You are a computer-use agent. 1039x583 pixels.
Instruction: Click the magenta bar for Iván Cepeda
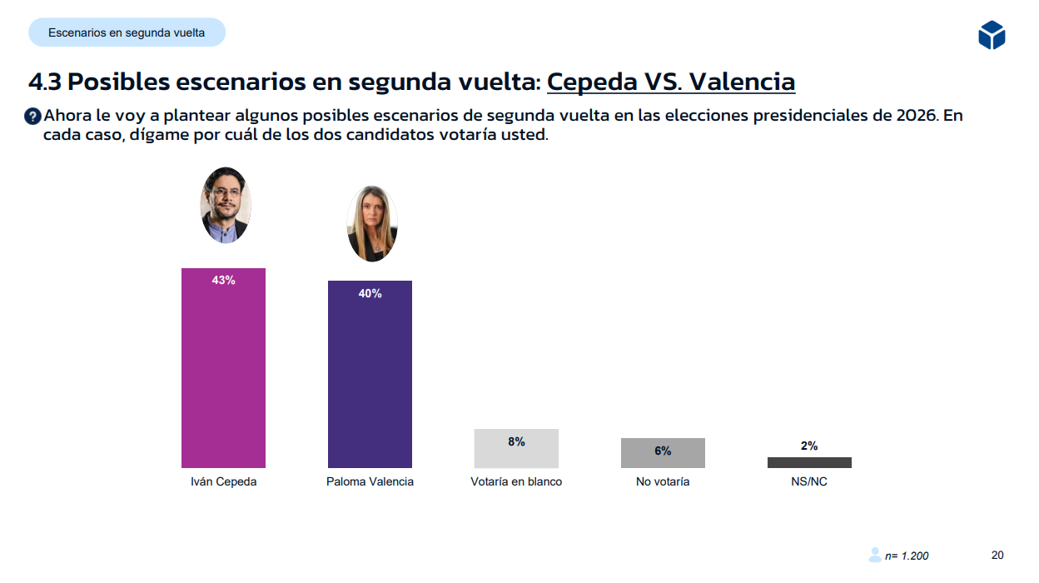coord(223,375)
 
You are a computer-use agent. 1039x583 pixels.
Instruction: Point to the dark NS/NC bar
coord(809,462)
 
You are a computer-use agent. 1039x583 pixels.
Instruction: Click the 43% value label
coord(223,281)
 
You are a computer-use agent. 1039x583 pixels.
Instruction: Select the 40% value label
coord(370,294)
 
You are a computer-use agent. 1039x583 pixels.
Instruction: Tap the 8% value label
coord(516,442)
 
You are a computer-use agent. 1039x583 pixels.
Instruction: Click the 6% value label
coord(663,451)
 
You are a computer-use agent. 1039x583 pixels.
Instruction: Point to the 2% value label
coord(809,446)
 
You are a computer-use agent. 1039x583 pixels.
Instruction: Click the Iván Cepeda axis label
coord(223,481)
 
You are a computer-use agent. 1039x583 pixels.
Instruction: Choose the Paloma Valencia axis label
coord(370,481)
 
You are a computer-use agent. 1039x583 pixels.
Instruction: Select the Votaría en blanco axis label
coord(516,481)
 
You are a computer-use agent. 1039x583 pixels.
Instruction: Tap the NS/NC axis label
coord(809,481)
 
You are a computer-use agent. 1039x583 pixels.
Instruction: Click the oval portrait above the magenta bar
coord(226,205)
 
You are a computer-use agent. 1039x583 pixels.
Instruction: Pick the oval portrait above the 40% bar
coord(371,224)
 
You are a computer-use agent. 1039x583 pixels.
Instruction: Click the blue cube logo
coord(992,35)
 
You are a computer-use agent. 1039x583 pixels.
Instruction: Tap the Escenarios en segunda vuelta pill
coord(127,32)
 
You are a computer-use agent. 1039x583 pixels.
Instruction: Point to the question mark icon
coord(32,117)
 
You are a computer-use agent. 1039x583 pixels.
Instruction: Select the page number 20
coord(997,555)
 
